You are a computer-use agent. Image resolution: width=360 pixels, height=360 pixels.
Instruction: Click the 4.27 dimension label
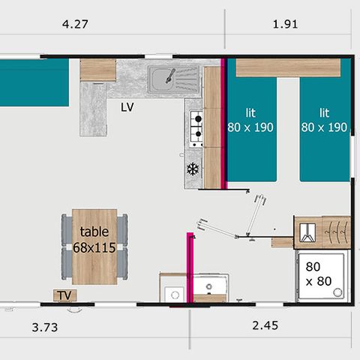76,24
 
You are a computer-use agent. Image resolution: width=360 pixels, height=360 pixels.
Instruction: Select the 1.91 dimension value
286,24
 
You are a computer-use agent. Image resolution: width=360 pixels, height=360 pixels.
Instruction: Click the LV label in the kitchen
127,106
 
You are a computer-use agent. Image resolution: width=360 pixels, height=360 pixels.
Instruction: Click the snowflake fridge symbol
192,170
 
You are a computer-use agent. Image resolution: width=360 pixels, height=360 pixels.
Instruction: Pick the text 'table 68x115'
94,239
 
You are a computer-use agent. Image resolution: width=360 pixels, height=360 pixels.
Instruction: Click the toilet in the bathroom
173,291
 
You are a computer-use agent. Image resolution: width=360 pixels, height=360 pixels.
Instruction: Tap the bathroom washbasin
210,286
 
